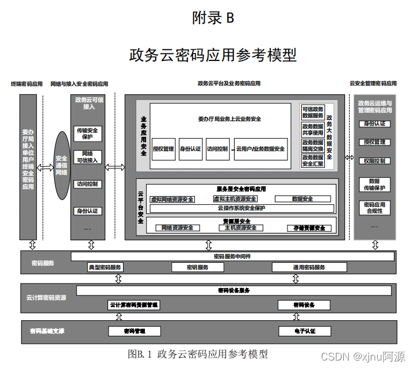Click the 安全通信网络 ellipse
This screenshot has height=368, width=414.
(62, 166)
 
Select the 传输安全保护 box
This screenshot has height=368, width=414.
(88, 133)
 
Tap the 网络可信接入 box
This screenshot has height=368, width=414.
(88, 156)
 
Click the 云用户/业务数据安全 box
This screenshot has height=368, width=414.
(260, 149)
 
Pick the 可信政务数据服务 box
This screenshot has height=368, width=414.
(313, 112)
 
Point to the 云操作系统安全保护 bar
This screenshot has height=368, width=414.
(241, 208)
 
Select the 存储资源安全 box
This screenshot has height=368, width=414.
(306, 228)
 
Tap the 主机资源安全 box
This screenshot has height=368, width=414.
(237, 228)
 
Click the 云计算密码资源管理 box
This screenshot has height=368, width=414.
(133, 305)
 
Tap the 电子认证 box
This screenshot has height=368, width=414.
(305, 331)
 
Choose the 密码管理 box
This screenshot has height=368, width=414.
(135, 331)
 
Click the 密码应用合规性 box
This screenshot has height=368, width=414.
(374, 208)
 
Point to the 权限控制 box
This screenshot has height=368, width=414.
(374, 161)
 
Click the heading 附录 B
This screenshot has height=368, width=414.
(213, 18)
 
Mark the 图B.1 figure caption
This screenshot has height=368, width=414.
(198, 354)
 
